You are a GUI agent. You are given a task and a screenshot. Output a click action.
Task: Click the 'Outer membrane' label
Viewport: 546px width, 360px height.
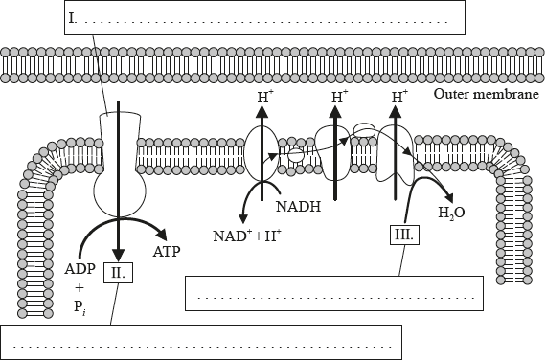pyautogui.click(x=486, y=94)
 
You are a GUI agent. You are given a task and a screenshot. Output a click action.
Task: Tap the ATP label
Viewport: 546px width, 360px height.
pyautogui.click(x=167, y=252)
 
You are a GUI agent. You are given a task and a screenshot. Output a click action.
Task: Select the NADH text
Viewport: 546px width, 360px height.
pyautogui.click(x=298, y=207)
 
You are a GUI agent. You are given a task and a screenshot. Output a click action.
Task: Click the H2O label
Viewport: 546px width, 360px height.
pyautogui.click(x=451, y=212)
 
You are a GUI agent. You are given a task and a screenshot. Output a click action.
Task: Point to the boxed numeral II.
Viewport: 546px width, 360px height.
pyautogui.click(x=119, y=272)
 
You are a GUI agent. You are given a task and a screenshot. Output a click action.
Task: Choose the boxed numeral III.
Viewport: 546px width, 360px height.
pyautogui.click(x=404, y=235)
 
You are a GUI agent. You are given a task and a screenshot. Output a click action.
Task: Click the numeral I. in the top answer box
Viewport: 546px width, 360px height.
pyautogui.click(x=73, y=18)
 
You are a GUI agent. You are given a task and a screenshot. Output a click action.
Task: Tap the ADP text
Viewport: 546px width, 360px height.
pyautogui.click(x=80, y=269)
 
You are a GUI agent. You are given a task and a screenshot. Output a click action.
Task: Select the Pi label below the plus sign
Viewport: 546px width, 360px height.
pyautogui.click(x=80, y=307)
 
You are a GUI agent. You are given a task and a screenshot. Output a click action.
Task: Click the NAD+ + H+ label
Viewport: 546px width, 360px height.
pyautogui.click(x=247, y=236)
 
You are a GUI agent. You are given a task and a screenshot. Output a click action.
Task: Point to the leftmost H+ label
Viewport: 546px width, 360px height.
pyautogui.click(x=263, y=97)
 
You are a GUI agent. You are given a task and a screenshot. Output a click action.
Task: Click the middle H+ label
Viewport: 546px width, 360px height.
pyautogui.click(x=339, y=97)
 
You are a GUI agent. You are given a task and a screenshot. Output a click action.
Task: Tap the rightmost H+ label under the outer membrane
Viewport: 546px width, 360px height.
pyautogui.click(x=399, y=97)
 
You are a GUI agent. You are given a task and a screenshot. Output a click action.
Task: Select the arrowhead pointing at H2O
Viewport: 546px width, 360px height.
pyautogui.click(x=448, y=197)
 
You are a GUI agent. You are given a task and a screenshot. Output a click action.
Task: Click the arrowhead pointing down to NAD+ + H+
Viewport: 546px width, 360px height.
pyautogui.click(x=243, y=218)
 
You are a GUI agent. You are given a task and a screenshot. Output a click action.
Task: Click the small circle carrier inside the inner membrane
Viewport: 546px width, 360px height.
pyautogui.click(x=296, y=155)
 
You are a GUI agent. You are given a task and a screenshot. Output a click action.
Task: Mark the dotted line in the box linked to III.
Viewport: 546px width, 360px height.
pyautogui.click(x=336, y=298)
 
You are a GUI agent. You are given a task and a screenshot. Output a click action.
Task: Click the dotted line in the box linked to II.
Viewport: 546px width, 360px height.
pyautogui.click(x=203, y=347)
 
